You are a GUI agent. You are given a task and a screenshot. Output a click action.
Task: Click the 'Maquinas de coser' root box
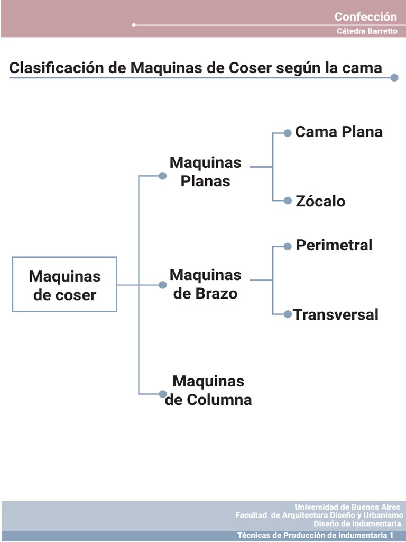pos(64,285)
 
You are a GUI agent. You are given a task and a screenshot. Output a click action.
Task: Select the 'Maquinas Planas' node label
pos(205,171)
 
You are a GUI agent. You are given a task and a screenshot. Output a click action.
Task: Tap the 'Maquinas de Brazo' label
pos(205,284)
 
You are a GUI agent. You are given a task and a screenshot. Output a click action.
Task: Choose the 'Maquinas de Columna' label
pos(208,390)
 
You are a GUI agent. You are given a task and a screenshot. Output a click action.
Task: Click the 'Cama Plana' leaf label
pos(339,132)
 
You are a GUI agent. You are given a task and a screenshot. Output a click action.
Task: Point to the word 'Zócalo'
pos(320,201)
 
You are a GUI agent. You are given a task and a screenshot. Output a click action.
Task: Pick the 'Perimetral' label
pos(334,245)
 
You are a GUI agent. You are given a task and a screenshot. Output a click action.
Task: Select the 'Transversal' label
pos(336,314)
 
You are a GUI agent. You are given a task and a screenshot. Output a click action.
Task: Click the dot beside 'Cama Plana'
pos(288,133)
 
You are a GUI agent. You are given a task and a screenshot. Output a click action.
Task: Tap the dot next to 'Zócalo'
pos(288,201)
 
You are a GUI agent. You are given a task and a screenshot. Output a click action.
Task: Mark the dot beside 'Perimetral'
pos(288,246)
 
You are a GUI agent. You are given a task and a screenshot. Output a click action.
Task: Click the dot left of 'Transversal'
pos(288,314)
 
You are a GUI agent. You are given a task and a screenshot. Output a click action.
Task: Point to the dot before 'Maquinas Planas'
pos(163,176)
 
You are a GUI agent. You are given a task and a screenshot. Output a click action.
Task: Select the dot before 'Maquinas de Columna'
pos(163,394)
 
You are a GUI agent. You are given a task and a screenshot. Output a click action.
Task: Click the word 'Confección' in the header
pos(365,16)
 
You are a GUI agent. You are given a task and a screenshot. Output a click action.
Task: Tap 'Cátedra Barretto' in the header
pos(367,31)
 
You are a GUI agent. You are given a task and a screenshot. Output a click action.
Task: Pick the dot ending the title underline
pos(394,78)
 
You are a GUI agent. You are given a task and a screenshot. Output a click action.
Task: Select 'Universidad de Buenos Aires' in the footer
pos(347,507)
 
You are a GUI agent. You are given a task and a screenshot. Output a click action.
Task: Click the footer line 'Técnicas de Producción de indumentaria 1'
pos(316,535)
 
